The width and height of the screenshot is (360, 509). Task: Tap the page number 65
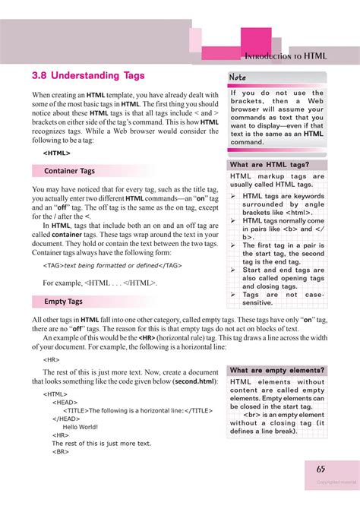(x=321, y=469)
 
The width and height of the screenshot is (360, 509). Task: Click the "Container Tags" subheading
(x=69, y=171)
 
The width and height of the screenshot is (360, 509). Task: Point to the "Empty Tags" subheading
(x=63, y=302)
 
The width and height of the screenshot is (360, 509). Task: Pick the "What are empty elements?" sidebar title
(x=276, y=370)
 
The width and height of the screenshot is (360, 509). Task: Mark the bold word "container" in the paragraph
(x=67, y=236)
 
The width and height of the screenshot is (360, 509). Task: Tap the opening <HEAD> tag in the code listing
(x=65, y=403)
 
